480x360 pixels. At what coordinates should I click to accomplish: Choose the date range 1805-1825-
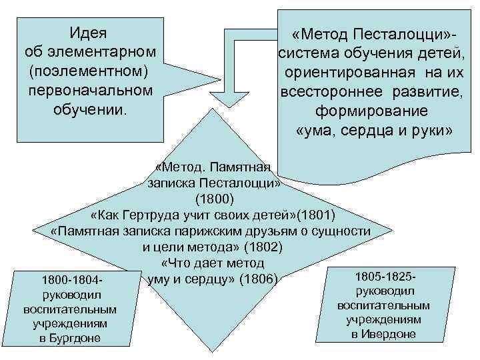[386, 276]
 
